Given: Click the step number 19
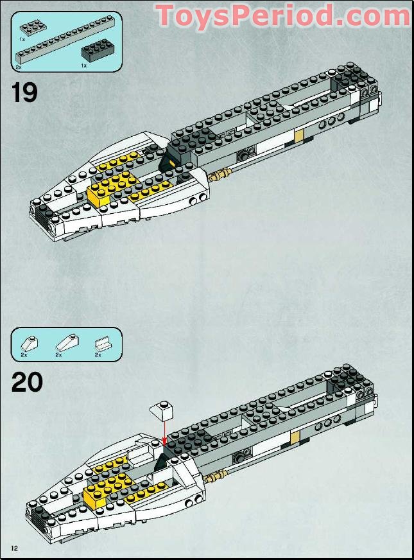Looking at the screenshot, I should (x=24, y=91).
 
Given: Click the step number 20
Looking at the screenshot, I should (x=27, y=382).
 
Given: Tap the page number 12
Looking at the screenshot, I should (x=13, y=547).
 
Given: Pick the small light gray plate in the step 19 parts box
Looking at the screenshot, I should (x=32, y=28).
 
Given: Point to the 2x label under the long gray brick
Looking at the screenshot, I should (x=19, y=67).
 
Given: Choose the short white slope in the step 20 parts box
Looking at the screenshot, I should (x=28, y=342).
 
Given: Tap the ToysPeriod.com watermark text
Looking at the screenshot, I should (x=282, y=15).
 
